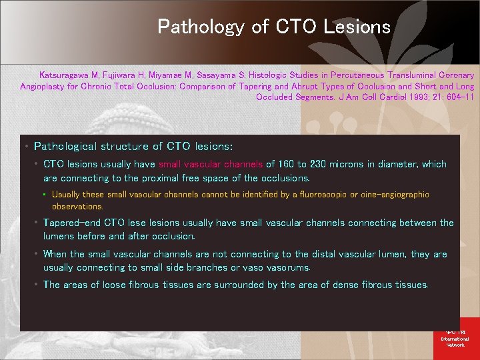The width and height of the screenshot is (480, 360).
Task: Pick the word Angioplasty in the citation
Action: (x=42, y=86)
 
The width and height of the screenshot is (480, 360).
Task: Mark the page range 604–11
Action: (x=460, y=97)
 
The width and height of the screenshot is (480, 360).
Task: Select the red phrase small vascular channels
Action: (x=211, y=164)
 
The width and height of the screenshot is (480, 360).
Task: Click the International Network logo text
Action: (x=455, y=339)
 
